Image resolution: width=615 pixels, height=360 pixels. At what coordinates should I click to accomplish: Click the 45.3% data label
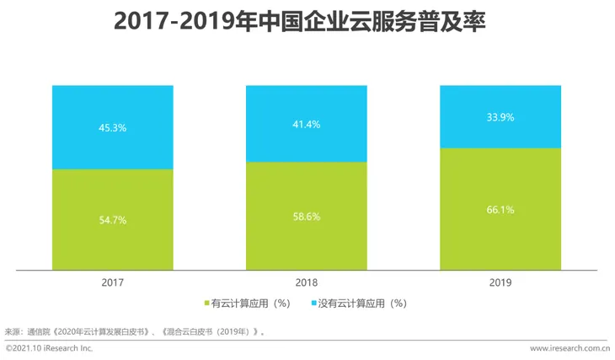coord(113,128)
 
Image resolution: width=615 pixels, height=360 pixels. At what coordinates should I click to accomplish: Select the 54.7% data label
coord(113,219)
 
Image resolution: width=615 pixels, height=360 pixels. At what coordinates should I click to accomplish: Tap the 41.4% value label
coord(306,124)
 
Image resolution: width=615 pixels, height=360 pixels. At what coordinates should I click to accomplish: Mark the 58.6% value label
coord(306,216)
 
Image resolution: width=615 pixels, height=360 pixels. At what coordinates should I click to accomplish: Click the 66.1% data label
coord(500,209)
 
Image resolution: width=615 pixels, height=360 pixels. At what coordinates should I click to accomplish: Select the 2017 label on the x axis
coord(113,283)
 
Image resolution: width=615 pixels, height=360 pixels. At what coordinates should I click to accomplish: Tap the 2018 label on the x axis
coord(306,283)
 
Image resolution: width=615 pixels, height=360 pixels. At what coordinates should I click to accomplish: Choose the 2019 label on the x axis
coord(500,283)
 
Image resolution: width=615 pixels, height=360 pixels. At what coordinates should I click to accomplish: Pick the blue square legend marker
coord(313,303)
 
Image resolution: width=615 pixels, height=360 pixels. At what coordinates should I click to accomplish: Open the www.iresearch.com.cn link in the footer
coord(570,348)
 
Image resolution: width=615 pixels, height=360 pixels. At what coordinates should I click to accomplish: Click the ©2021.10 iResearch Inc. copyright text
coord(50,348)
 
